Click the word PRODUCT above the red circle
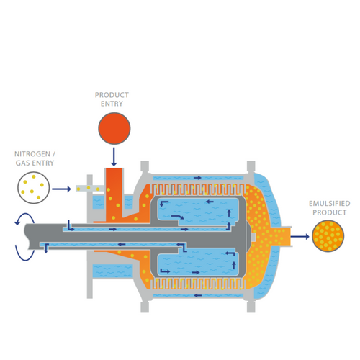pyautogui.click(x=112, y=95)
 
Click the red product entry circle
pyautogui.click(x=114, y=128)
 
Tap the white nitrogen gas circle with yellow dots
pyautogui.click(x=33, y=188)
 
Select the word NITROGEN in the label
pyautogui.click(x=32, y=154)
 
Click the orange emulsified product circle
pyautogui.click(x=328, y=236)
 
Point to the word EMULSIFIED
pyautogui.click(x=330, y=204)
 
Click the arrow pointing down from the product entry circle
pyautogui.click(x=114, y=157)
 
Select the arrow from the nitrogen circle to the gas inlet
pyautogui.click(x=61, y=189)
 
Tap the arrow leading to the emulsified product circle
pyautogui.click(x=300, y=237)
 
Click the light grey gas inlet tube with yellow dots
pyautogui.click(x=90, y=188)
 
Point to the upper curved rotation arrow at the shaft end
pyautogui.click(x=24, y=218)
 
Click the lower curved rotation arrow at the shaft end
pyautogui.click(x=24, y=253)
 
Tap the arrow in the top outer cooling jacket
pyautogui.click(x=197, y=178)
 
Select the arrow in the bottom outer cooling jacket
pyautogui.click(x=197, y=295)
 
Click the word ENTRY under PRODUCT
pyautogui.click(x=112, y=104)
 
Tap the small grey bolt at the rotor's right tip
pyautogui.click(x=253, y=237)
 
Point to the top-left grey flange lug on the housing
pyautogui.click(x=145, y=166)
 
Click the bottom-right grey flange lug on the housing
pyautogui.click(x=251, y=307)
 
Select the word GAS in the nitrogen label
pyautogui.click(x=22, y=163)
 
